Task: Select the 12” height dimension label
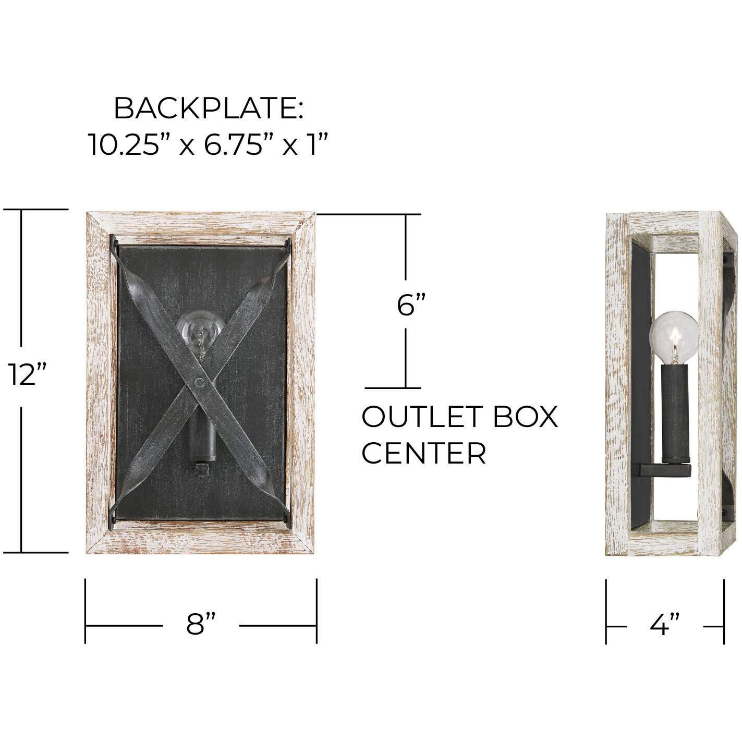point(27,374)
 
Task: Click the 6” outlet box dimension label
point(411,305)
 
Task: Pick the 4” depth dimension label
point(664,625)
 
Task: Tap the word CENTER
point(423,453)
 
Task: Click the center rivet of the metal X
point(199,383)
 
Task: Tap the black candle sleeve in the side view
point(675,412)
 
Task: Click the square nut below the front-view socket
point(201,471)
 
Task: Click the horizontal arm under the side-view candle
point(664,470)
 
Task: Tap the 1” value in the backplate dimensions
point(317,144)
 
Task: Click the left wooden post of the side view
point(617,383)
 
